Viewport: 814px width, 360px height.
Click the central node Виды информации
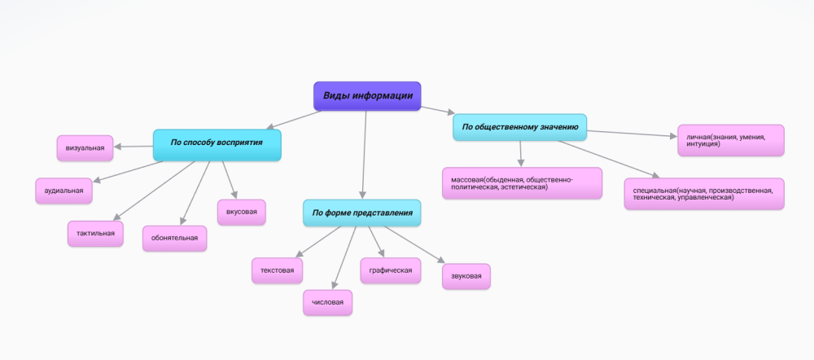click(367, 96)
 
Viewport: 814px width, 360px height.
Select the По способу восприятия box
click(217, 143)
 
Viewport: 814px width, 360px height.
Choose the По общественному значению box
click(520, 127)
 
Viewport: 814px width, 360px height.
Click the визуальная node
click(85, 148)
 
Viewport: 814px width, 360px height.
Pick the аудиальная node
click(64, 191)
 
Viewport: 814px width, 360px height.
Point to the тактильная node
click(95, 234)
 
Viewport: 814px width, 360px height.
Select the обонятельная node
click(174, 239)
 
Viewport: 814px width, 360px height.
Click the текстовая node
click(278, 270)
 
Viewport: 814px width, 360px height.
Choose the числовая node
click(328, 303)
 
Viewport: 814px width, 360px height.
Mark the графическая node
click(391, 270)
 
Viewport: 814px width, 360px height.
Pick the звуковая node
click(466, 276)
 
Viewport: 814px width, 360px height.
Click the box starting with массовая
click(521, 183)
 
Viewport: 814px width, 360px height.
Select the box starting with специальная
click(704, 194)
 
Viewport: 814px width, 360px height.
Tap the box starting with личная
click(730, 140)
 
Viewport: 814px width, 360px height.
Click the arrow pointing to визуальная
click(133, 147)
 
